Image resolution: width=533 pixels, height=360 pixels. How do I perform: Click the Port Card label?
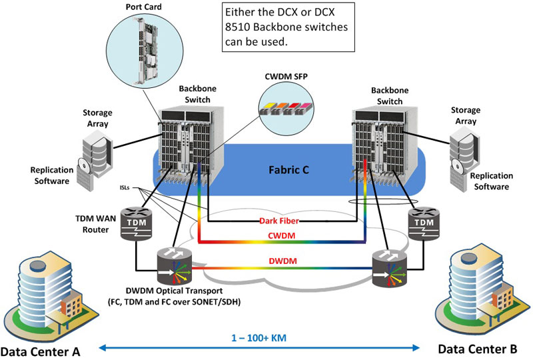tap(143, 7)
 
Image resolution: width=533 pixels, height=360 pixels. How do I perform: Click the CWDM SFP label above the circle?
tap(286, 77)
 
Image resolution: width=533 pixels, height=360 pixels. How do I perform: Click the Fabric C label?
tap(288, 170)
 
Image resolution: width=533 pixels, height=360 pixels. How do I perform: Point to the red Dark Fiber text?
tap(279, 221)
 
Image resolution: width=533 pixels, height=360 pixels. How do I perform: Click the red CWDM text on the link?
tap(281, 235)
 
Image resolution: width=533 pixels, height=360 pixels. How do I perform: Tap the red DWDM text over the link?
tap(282, 261)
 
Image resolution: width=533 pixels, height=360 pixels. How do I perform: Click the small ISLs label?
tap(125, 187)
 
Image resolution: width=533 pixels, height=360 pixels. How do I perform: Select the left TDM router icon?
tap(137, 223)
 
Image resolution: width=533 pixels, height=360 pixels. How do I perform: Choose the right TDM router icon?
tap(424, 223)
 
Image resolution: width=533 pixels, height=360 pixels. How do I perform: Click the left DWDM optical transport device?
tap(175, 267)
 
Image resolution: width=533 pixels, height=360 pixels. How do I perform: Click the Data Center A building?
tap(51, 296)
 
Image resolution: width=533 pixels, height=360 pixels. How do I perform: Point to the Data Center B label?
tap(477, 349)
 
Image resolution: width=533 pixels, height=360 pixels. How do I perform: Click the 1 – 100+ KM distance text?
tap(259, 338)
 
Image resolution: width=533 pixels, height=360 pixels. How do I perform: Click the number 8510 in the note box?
tap(237, 27)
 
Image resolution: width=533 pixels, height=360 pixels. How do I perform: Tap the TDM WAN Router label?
tap(95, 224)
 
